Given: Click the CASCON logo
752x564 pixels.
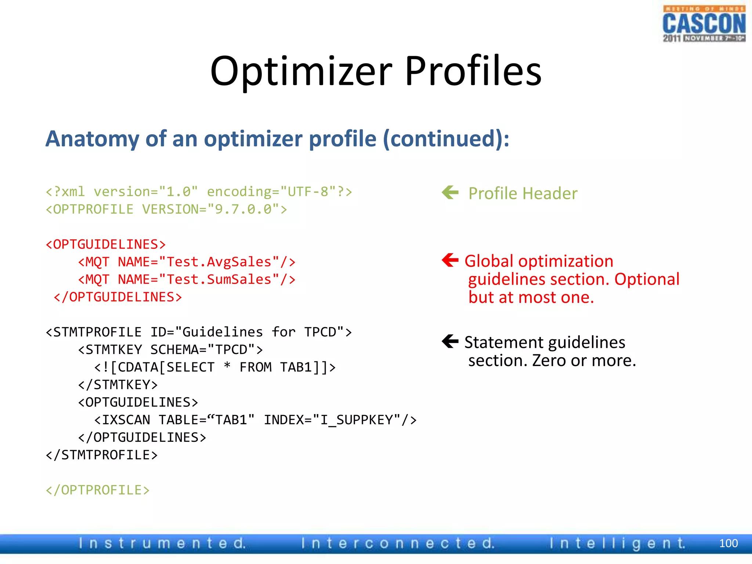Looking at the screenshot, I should (x=704, y=24).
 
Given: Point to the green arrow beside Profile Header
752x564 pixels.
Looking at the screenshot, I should (x=450, y=192).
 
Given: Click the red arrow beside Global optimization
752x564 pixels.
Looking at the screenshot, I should (x=450, y=260).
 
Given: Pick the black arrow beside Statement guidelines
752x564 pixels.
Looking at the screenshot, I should (x=450, y=341).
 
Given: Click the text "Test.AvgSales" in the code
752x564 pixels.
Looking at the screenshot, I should (x=219, y=262).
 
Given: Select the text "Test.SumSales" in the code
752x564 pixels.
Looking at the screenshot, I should (x=219, y=279).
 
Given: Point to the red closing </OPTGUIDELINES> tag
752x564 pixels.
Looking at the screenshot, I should (x=118, y=297).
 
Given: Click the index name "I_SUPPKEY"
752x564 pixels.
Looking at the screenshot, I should (x=360, y=420).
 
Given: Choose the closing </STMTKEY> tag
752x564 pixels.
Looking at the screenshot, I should (x=118, y=385).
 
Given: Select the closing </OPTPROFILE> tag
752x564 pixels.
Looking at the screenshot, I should (x=98, y=490).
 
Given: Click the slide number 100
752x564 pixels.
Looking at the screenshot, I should (x=728, y=543).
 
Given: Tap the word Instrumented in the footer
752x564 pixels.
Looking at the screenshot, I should (x=162, y=543).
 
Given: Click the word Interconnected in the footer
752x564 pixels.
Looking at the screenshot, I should (x=398, y=543).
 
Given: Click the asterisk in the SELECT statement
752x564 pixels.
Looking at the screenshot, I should (x=227, y=366).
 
